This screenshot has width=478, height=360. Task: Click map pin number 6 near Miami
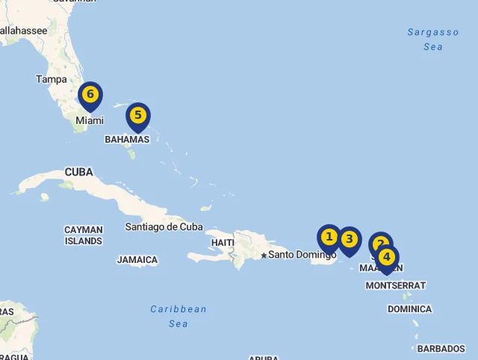(x=90, y=95)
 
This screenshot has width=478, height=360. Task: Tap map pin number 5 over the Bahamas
(x=138, y=116)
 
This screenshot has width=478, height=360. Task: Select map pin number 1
(x=329, y=238)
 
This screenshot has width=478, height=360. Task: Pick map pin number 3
(x=350, y=240)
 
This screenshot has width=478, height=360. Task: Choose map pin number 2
(x=380, y=243)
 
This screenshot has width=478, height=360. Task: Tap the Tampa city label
(x=51, y=79)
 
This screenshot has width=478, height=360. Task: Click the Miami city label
(x=89, y=120)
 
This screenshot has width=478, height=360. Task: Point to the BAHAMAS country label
(x=127, y=140)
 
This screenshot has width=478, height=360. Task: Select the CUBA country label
(x=78, y=173)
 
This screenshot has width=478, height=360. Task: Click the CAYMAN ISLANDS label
(x=83, y=235)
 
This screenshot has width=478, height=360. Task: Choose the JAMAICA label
(x=137, y=260)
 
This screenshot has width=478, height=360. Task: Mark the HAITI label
(x=223, y=243)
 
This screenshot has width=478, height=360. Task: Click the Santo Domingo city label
(x=302, y=255)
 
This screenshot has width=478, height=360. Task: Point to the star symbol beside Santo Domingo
(x=264, y=255)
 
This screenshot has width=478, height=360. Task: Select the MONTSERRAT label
(x=396, y=285)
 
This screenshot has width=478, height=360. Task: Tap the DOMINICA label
(x=409, y=309)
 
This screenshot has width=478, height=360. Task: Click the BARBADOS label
(x=441, y=349)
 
